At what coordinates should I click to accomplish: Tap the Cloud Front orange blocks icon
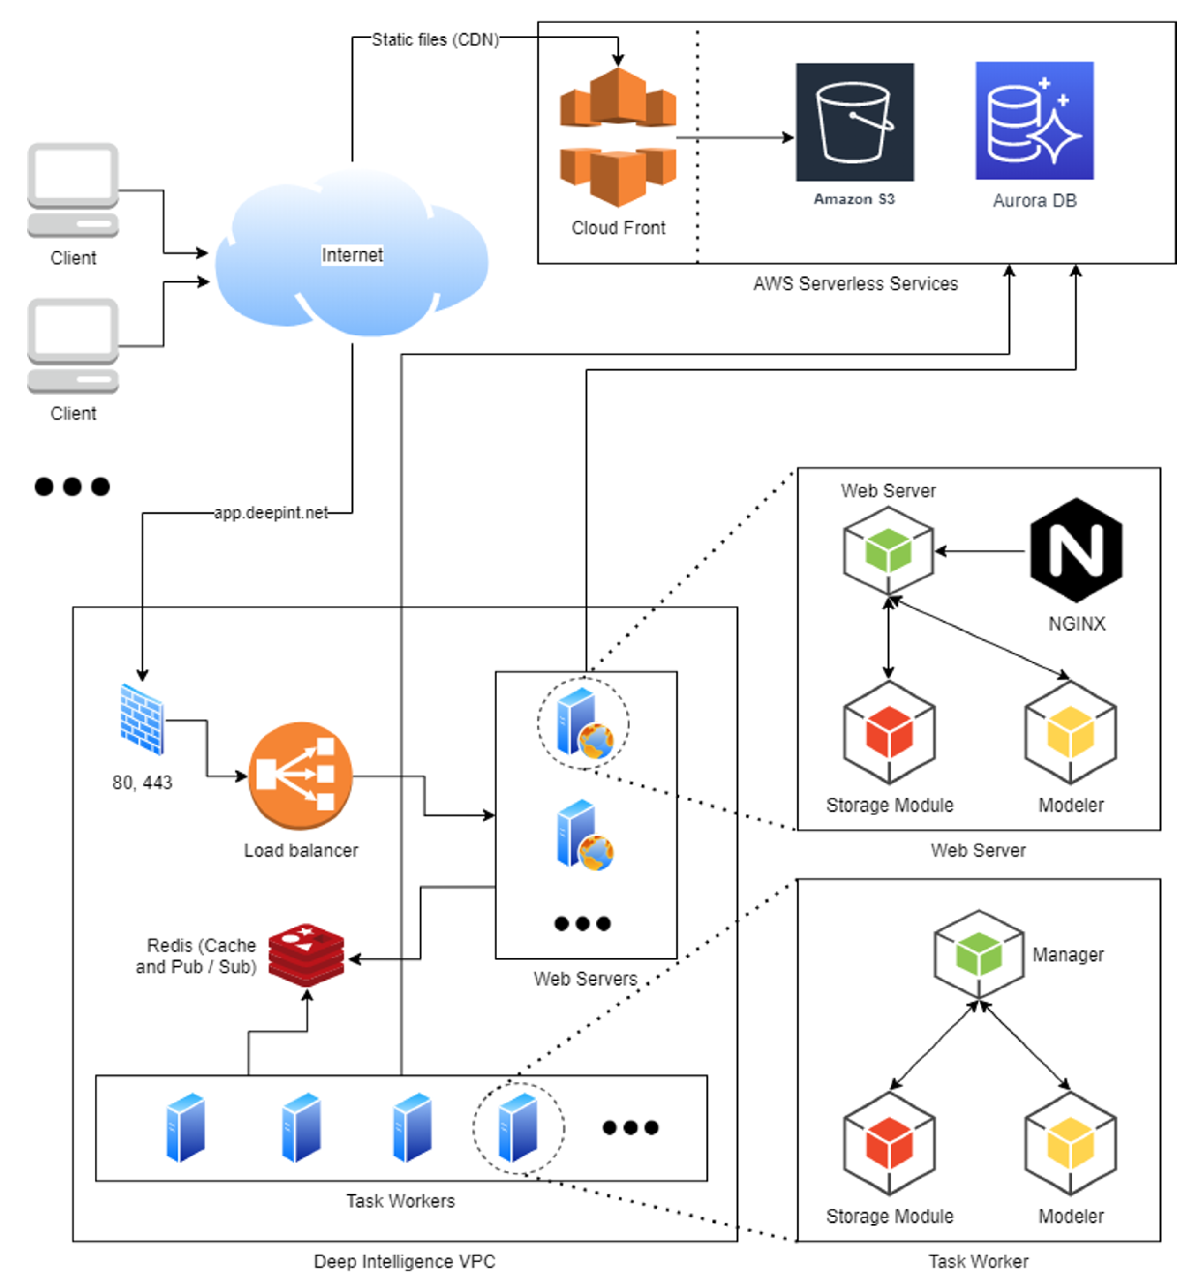(x=618, y=137)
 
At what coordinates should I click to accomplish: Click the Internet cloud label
(x=352, y=255)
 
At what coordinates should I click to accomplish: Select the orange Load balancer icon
(x=301, y=775)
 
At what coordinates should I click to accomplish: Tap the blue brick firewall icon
(x=142, y=719)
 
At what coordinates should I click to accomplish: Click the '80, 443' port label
(x=142, y=782)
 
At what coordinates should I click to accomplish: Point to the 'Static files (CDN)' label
(x=435, y=39)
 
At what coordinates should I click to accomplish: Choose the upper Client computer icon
(x=72, y=190)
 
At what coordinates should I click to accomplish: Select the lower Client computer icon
(x=72, y=346)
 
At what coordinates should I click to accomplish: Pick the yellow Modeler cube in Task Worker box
(x=1070, y=1143)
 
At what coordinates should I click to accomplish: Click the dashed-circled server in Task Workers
(x=518, y=1127)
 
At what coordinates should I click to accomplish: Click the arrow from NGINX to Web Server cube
(x=979, y=551)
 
